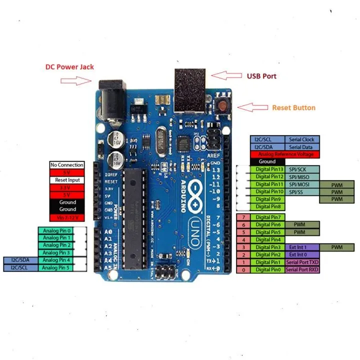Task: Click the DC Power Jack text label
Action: coord(69,66)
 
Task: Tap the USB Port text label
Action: coord(261,76)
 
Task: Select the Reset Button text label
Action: coord(293,107)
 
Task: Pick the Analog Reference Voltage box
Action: coord(284,154)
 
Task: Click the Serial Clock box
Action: coord(302,140)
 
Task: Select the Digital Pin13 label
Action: coord(269,169)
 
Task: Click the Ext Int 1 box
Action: coord(296,247)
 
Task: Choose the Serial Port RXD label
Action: coord(301,270)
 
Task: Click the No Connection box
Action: coord(66,165)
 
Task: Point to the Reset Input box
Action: coord(66,180)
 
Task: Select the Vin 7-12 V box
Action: coord(66,217)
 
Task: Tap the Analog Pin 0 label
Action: coord(57,231)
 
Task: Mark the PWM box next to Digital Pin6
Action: coord(299,225)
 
